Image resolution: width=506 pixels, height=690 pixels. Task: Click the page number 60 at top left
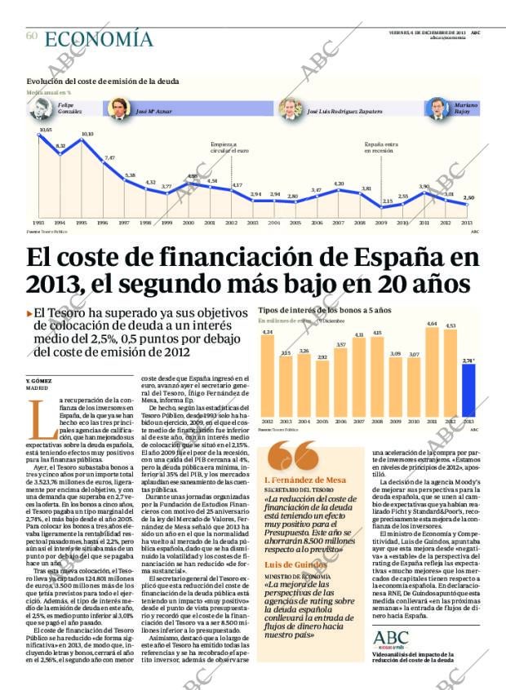(32, 36)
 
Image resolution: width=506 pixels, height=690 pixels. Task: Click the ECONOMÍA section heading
(98, 38)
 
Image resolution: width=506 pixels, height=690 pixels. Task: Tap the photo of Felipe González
(47, 108)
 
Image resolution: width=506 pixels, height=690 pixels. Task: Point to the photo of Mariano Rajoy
(439, 108)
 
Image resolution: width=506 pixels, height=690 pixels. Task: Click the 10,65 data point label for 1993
(45, 130)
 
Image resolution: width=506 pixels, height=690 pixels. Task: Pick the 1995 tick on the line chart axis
(81, 222)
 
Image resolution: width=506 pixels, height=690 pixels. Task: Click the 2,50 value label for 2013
(468, 198)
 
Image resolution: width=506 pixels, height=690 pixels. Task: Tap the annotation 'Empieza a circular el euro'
(224, 147)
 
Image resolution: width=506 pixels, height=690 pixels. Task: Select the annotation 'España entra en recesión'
(381, 147)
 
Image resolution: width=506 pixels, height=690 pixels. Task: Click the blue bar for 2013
(468, 389)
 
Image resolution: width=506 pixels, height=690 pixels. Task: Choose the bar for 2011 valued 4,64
(432, 370)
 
